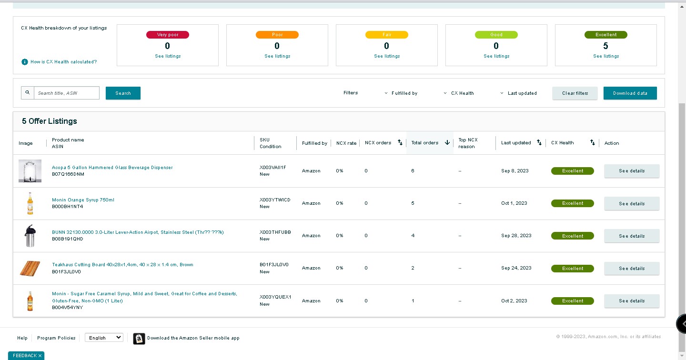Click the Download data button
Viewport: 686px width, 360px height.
click(x=630, y=93)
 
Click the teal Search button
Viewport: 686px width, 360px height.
click(x=123, y=93)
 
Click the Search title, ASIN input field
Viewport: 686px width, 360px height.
click(x=67, y=93)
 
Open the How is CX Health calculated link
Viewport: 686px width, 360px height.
click(x=63, y=62)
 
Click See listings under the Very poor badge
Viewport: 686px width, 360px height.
click(x=168, y=56)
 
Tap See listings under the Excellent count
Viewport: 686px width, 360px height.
click(x=606, y=56)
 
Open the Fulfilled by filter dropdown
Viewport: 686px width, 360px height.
click(x=401, y=93)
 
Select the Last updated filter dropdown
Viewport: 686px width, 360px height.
click(x=518, y=93)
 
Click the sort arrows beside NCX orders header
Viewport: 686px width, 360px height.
click(x=400, y=142)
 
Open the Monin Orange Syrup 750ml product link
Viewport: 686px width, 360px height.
click(x=83, y=200)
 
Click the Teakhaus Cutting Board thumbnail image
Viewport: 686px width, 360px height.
click(x=30, y=269)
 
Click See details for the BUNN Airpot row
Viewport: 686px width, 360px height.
click(x=632, y=236)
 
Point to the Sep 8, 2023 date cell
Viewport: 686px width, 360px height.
click(x=515, y=171)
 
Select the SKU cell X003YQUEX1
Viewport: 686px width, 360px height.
click(x=275, y=297)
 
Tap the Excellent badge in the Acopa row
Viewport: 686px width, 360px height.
click(x=573, y=171)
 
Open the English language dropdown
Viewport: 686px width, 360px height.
click(x=104, y=338)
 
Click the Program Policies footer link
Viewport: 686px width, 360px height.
click(x=56, y=338)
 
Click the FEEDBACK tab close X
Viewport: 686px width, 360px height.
click(x=40, y=356)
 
